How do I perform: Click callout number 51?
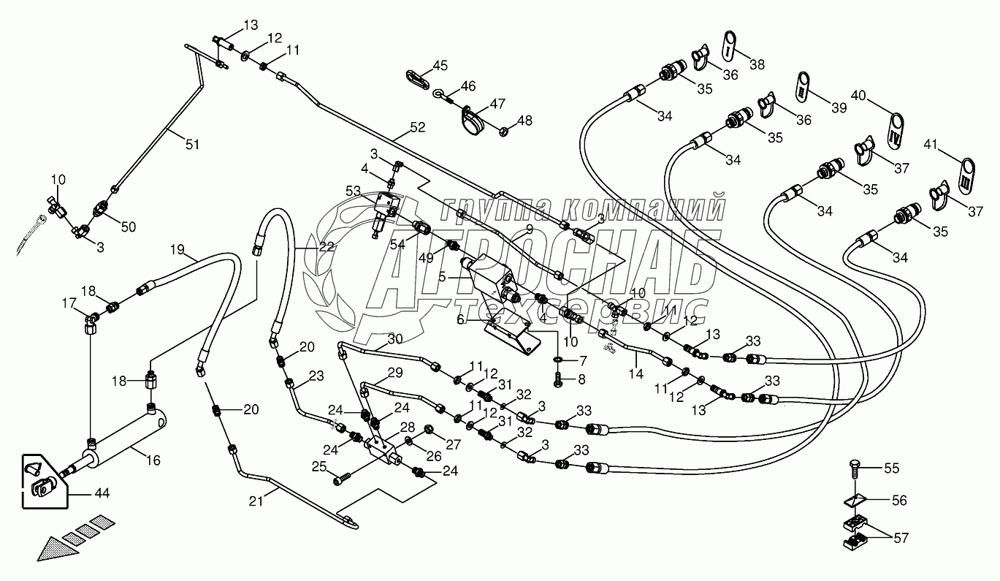pos(191,144)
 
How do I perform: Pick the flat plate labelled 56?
pos(855,501)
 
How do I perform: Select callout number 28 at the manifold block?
pos(407,428)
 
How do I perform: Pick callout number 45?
pos(439,67)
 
